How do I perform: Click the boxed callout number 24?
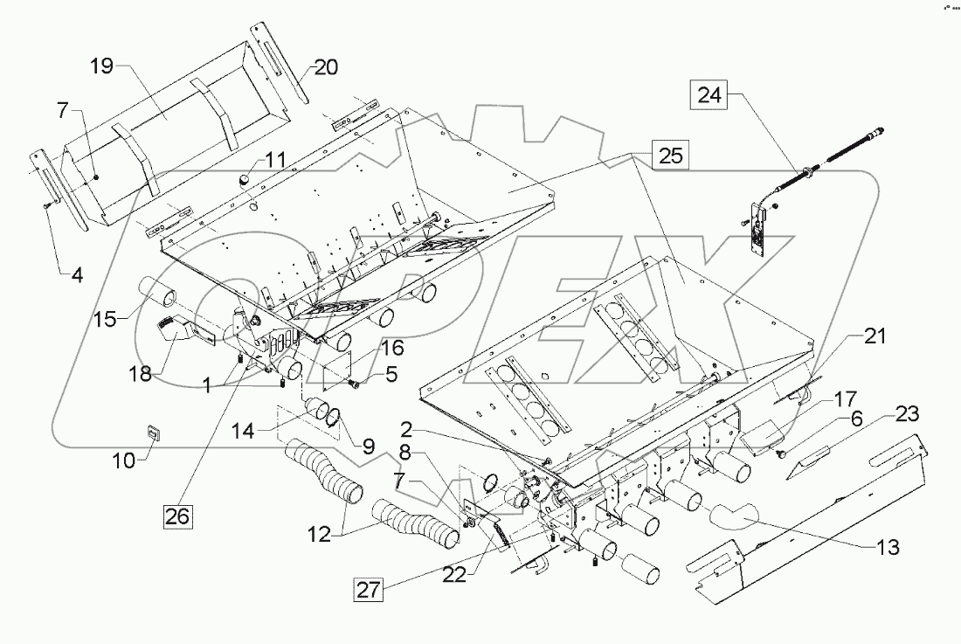[709, 95]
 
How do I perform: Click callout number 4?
[78, 276]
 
